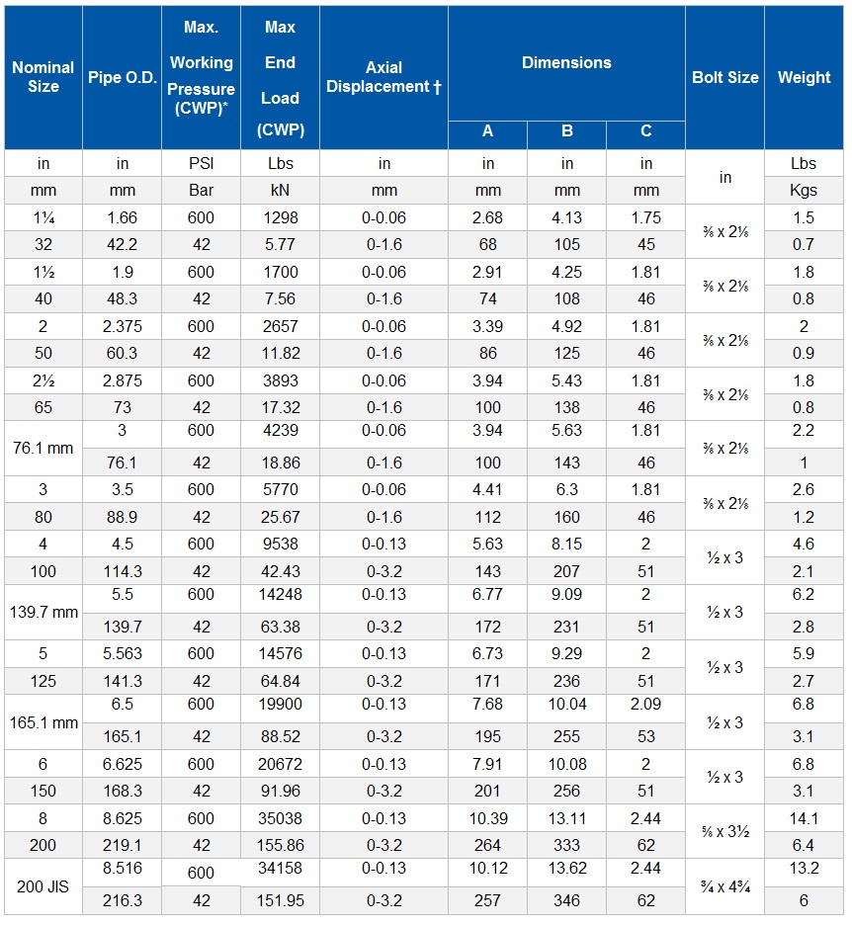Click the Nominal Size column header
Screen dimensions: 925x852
[43, 77]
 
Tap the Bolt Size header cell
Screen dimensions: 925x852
[724, 77]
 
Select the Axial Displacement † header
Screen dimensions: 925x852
[383, 77]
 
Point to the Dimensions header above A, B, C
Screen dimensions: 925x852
[566, 62]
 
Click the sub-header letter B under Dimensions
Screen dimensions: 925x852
[566, 131]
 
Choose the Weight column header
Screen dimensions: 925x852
[804, 77]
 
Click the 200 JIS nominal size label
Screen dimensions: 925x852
[43, 886]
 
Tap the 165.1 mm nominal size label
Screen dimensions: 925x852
[43, 722]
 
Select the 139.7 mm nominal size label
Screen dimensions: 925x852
[43, 613]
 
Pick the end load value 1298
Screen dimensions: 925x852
[280, 217]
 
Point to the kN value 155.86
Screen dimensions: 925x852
[280, 846]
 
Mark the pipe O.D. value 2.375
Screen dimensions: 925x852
[123, 327]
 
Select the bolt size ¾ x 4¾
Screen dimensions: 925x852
[724, 886]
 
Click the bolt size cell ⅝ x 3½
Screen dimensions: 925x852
[724, 832]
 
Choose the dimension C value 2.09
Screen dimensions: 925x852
[645, 704]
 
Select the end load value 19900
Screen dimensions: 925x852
[280, 704]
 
